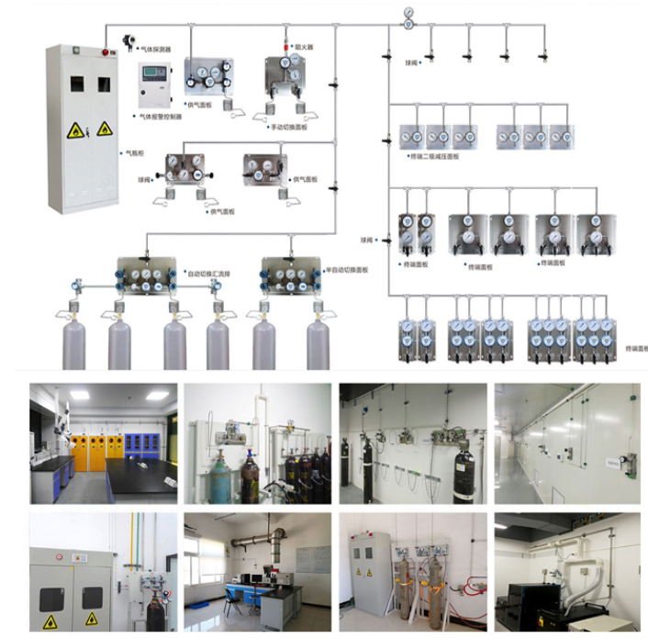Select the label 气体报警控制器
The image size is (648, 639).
click(x=161, y=118)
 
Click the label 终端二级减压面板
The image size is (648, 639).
click(x=432, y=157)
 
